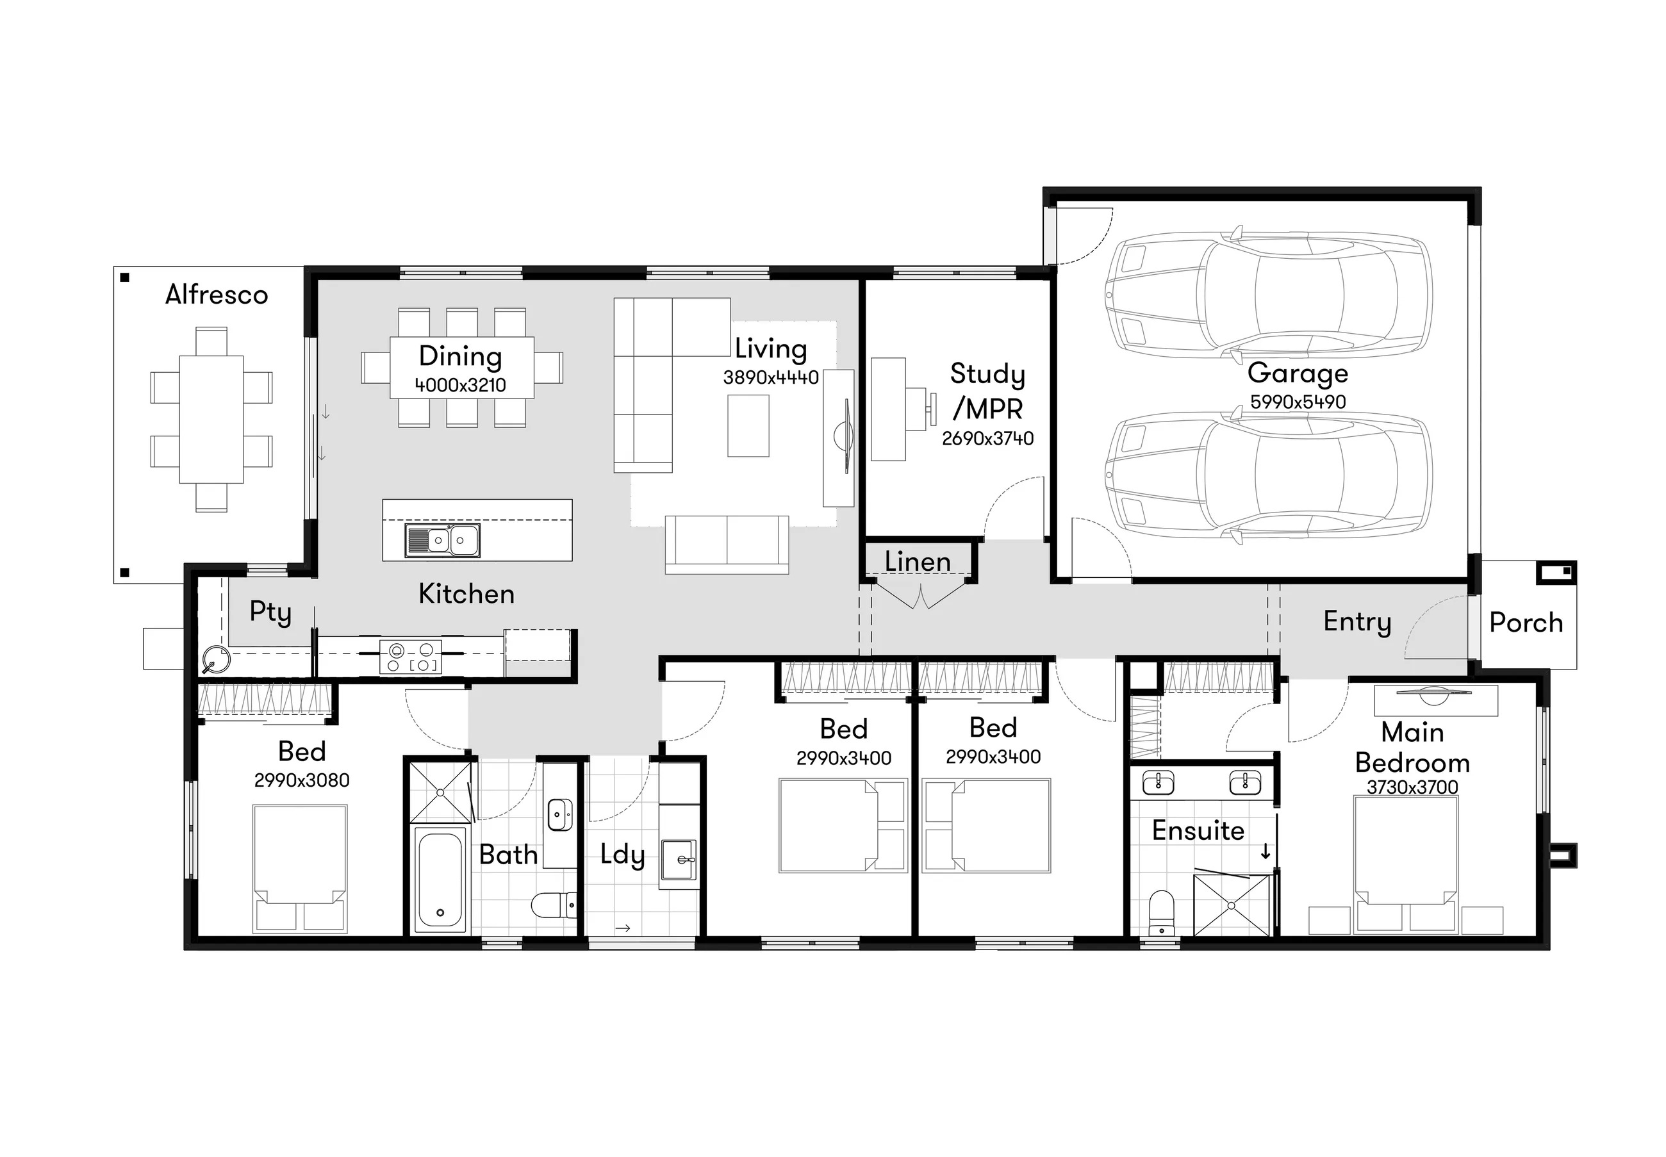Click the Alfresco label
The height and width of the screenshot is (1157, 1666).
coord(216,294)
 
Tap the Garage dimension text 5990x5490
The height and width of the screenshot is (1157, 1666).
coord(1298,402)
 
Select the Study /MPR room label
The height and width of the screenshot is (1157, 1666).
coord(987,391)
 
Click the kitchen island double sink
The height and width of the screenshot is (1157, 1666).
coord(442,540)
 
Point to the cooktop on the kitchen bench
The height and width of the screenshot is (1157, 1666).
coord(410,657)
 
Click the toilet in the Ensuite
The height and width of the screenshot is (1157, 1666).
coord(1162,914)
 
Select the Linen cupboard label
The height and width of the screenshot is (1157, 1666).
coord(917,562)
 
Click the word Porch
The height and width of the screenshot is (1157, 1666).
coord(1526,623)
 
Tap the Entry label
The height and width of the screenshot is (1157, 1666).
coord(1357,622)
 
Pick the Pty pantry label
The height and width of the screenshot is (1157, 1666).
coord(270,612)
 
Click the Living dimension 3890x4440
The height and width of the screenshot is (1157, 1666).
coord(771,378)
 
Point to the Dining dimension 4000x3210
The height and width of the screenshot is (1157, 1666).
coord(460,385)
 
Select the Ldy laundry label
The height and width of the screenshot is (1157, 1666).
coord(623,855)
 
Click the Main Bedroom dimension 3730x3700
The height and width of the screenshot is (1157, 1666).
coord(1412,787)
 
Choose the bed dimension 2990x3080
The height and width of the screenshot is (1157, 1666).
coord(302,780)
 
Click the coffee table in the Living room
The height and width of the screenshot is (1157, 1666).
coord(748,425)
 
